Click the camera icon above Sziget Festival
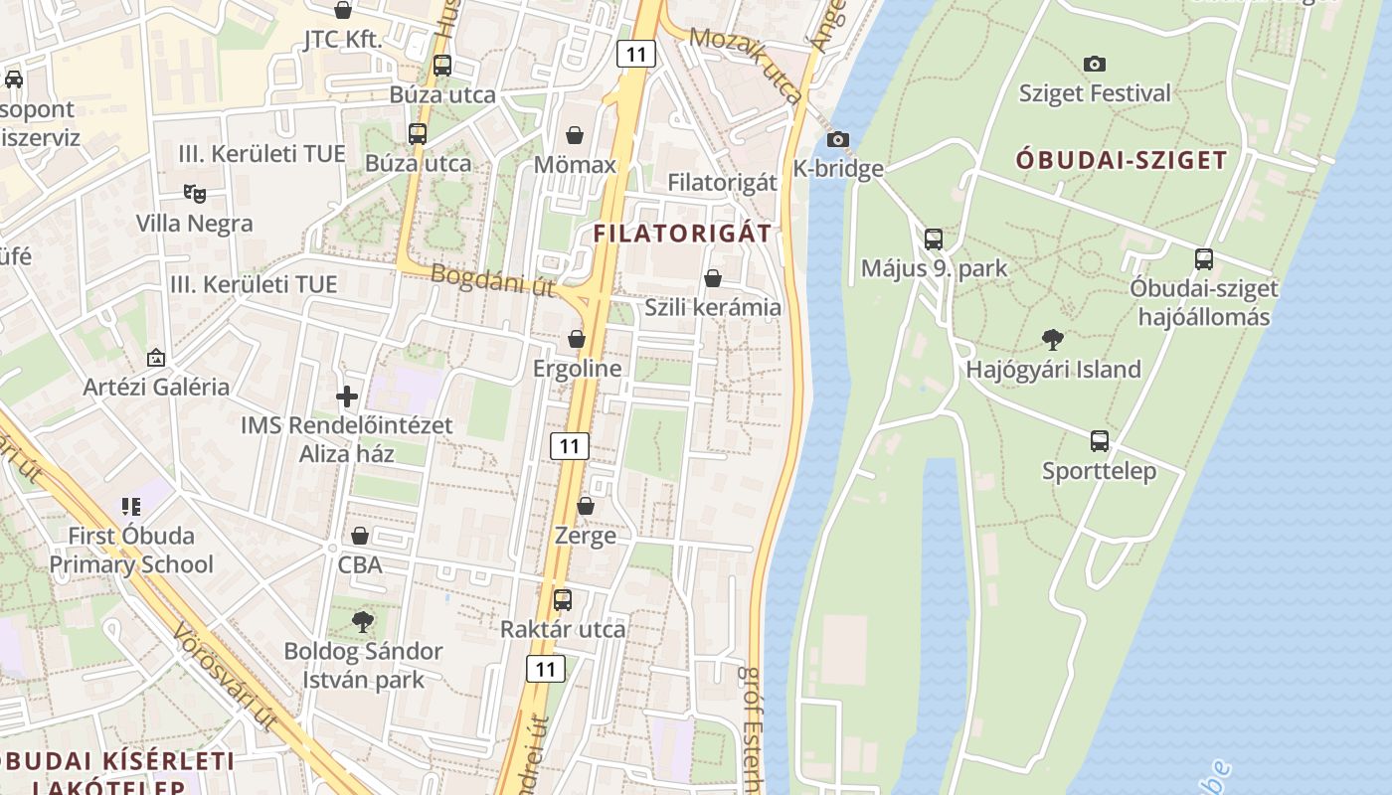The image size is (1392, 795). (1095, 65)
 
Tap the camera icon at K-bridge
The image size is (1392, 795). (838, 139)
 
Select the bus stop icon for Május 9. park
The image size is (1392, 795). (933, 239)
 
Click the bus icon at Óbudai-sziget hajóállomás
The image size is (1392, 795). (1204, 259)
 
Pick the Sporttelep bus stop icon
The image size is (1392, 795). (1099, 441)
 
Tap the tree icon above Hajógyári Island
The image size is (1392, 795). (1053, 340)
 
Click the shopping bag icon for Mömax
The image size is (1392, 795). (575, 135)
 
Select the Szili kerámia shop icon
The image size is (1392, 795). (713, 278)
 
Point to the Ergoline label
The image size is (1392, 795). (577, 369)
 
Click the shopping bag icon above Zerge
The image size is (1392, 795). (586, 506)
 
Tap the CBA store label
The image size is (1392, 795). (360, 565)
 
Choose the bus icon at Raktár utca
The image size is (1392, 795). (563, 600)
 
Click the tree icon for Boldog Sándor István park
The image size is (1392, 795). (363, 623)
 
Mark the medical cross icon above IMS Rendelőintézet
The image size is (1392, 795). (347, 397)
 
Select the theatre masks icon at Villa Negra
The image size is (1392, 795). (195, 194)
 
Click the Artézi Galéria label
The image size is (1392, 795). (156, 387)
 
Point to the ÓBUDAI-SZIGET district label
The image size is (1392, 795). (1122, 160)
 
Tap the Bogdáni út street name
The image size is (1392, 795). (493, 280)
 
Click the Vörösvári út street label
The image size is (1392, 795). (224, 678)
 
